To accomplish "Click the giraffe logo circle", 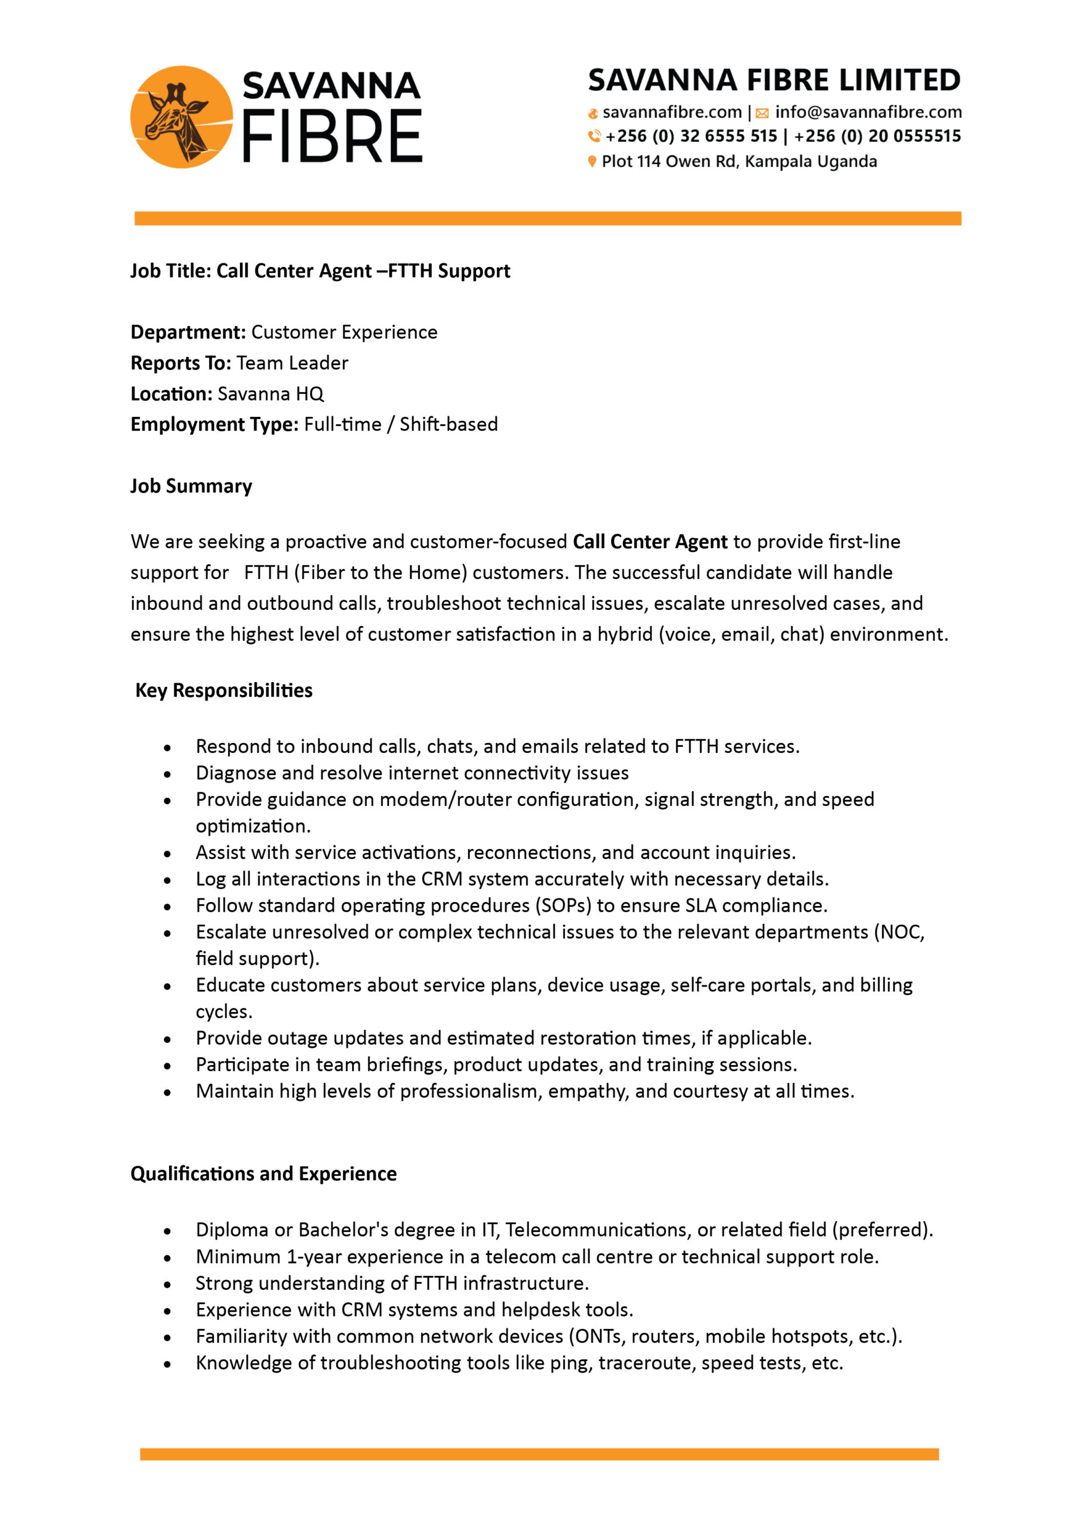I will point(181,117).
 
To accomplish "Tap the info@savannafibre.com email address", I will point(868,112).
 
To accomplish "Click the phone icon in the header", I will point(594,136).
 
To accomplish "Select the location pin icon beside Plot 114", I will point(592,161).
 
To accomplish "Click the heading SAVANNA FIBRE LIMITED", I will point(774,80).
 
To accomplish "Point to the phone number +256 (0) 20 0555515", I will point(877,136).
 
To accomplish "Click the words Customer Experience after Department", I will point(344,332).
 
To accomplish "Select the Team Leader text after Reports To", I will point(292,363).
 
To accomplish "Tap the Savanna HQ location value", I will point(270,394).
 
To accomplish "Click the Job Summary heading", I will point(191,486).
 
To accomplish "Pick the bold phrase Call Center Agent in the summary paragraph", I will point(650,542).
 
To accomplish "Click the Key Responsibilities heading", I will point(224,691).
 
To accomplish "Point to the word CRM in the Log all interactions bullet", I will point(442,879).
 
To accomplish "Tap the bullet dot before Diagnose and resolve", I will point(167,774).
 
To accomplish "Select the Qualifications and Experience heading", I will point(264,1174).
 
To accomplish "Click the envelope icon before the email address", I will point(762,113).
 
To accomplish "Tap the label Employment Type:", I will point(214,424).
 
